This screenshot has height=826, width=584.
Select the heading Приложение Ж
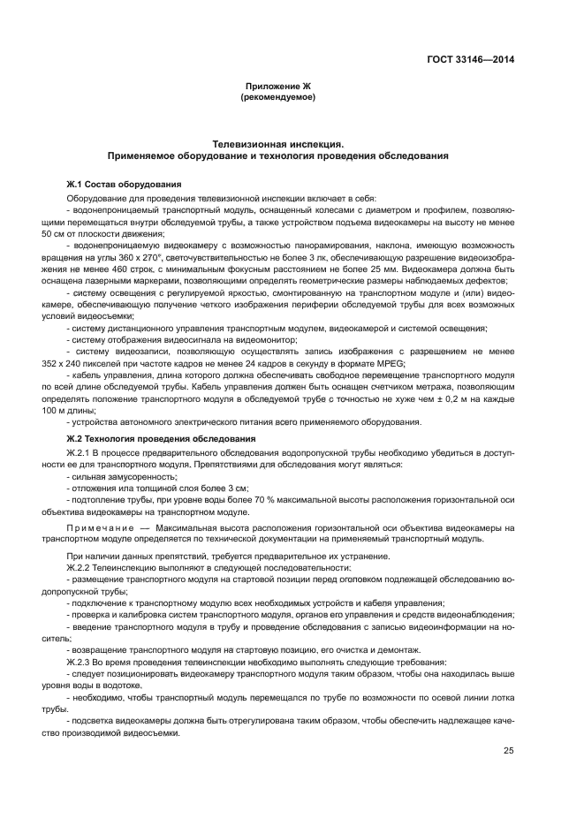277,87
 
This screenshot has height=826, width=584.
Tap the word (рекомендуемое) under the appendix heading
277,98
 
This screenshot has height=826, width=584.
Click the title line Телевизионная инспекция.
277,142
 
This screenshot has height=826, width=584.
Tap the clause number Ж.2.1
80,452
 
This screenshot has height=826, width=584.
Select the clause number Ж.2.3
80,661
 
